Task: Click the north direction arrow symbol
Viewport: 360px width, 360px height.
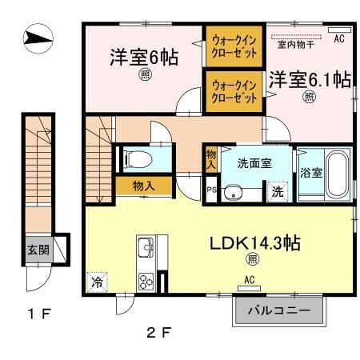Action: tap(38, 37)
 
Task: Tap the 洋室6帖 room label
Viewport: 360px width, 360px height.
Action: tap(144, 58)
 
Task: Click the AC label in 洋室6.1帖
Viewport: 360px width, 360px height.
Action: tap(338, 38)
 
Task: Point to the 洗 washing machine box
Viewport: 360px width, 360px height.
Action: tap(275, 192)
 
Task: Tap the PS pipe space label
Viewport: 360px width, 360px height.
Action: tap(211, 190)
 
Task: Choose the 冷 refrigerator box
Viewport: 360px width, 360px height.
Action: tap(96, 282)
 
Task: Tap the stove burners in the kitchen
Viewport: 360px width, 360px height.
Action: tap(148, 281)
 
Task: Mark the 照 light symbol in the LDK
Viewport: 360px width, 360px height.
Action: tap(252, 258)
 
